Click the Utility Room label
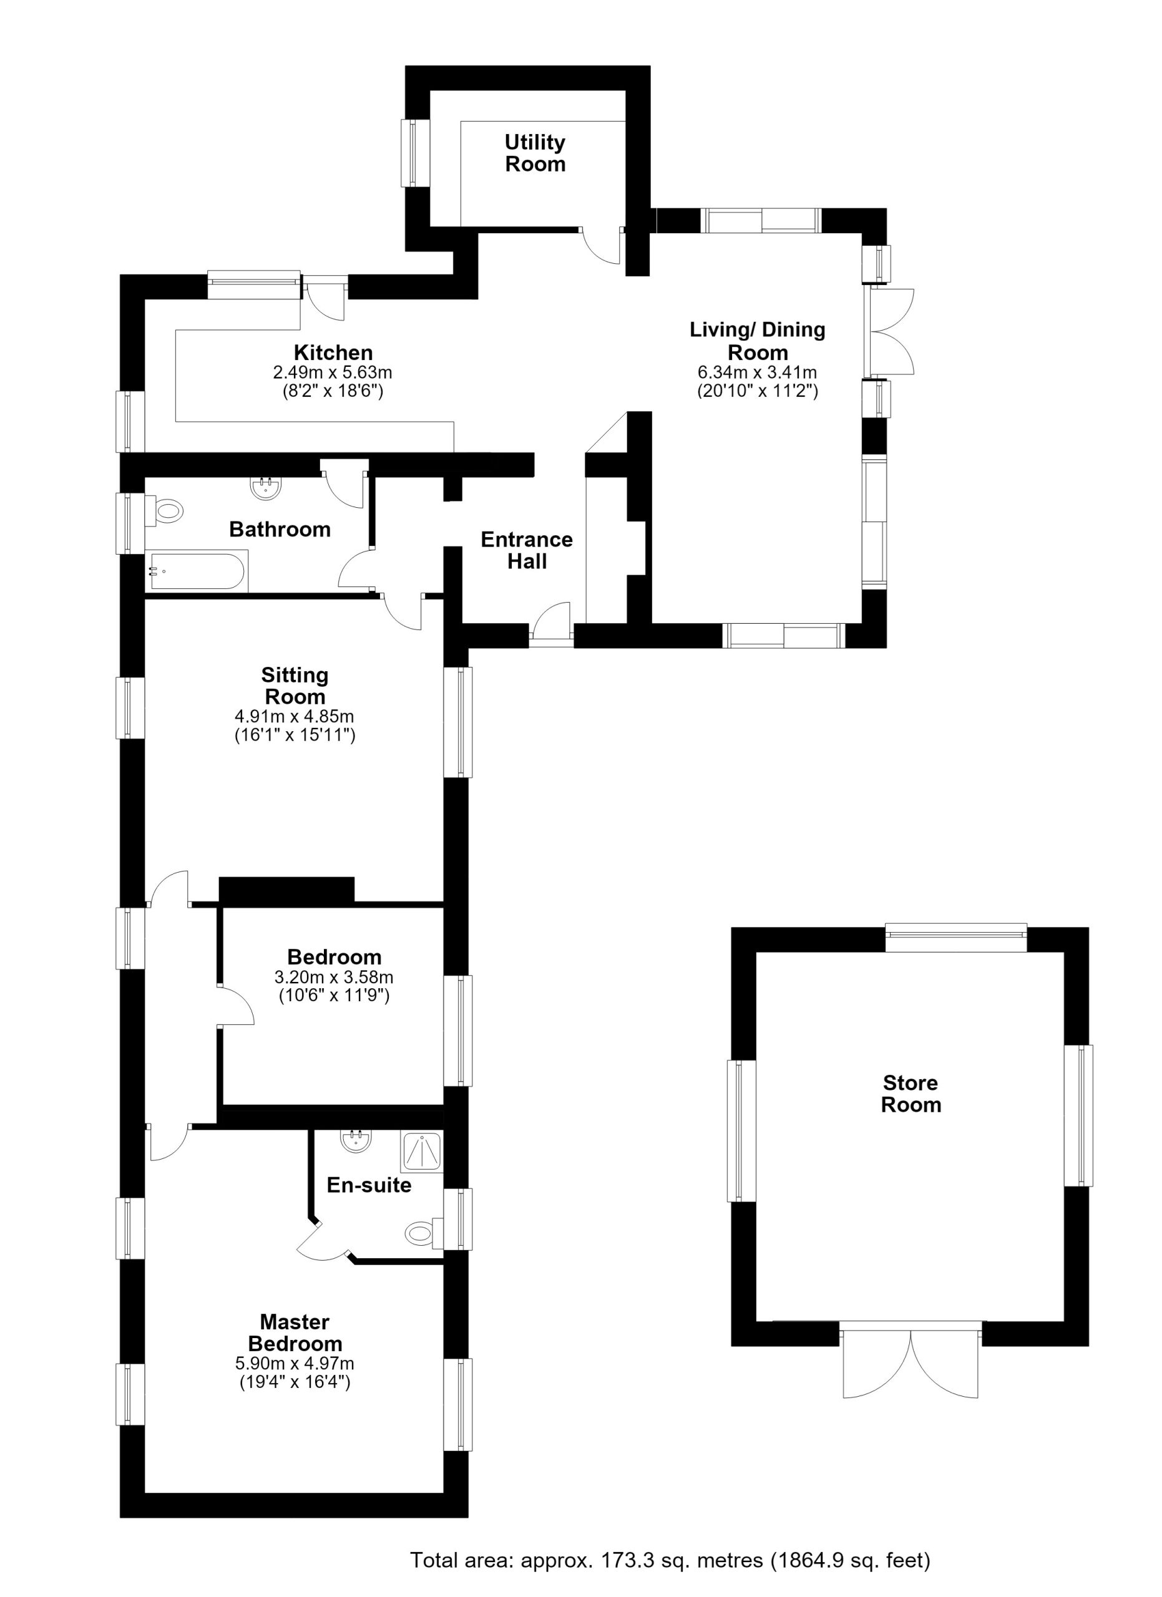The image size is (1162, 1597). click(535, 153)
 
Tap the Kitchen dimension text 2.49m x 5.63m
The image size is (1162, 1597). click(333, 372)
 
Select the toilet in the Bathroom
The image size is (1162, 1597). click(165, 510)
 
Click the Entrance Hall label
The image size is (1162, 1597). click(527, 551)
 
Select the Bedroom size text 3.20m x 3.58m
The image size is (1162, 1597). click(334, 978)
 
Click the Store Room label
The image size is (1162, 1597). click(911, 1094)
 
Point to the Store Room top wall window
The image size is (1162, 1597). click(956, 937)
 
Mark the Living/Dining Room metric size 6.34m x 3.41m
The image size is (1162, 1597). click(758, 372)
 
